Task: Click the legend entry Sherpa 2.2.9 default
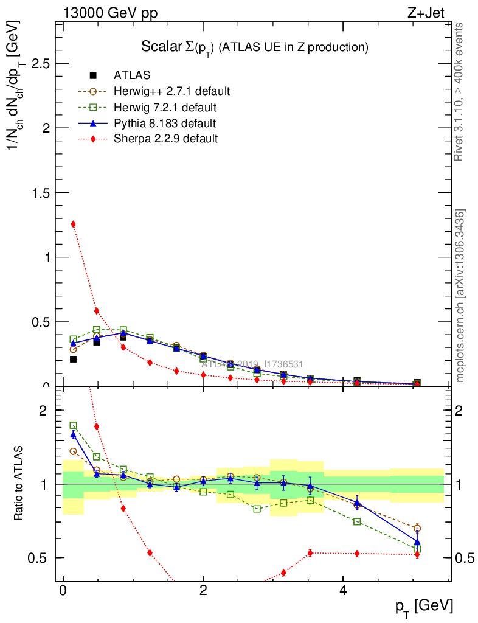(165, 139)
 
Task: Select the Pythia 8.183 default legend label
(165, 124)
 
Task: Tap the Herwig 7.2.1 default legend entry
(165, 108)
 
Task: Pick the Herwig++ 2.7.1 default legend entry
(171, 92)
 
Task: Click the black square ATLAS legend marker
(93, 75)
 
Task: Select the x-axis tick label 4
(343, 591)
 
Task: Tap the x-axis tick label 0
(63, 591)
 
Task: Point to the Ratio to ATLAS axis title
(19, 484)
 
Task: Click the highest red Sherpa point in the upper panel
(74, 224)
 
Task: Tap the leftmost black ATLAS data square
(74, 359)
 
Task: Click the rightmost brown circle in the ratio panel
(417, 528)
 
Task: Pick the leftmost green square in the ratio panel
(74, 426)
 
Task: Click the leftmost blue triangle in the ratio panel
(74, 434)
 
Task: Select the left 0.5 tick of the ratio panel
(40, 558)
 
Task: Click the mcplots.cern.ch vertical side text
(460, 296)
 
